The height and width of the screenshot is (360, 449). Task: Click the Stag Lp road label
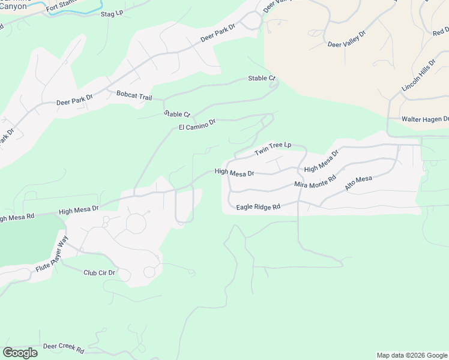coord(112,13)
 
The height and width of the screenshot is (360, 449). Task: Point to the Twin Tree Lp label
coord(273,149)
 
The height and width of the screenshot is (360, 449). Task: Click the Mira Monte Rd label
coord(315,182)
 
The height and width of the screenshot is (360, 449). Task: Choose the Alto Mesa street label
coord(358,184)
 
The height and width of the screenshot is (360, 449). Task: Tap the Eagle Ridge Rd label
coord(258,207)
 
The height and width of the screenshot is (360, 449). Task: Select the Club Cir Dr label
coord(99,272)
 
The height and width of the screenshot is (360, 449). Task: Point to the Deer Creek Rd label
coord(63,347)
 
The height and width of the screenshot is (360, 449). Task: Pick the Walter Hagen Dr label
coord(425,119)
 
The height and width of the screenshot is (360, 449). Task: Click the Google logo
coord(20,353)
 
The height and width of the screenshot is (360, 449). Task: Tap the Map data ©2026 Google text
coord(412,355)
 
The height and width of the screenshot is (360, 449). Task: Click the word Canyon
coord(13,6)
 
